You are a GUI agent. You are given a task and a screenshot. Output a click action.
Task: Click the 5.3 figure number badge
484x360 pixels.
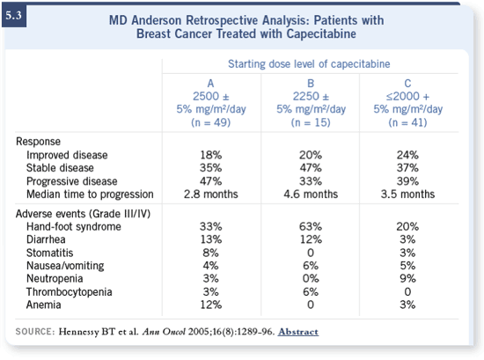tap(14, 16)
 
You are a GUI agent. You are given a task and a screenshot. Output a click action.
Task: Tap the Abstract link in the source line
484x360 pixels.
tap(297, 332)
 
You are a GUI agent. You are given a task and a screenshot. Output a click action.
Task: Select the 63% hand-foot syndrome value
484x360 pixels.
tap(311, 226)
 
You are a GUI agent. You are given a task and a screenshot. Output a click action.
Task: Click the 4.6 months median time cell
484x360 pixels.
tap(311, 195)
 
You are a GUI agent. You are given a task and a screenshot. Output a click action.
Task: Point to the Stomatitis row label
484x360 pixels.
tap(49, 253)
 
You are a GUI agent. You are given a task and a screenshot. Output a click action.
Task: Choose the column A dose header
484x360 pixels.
tap(211, 103)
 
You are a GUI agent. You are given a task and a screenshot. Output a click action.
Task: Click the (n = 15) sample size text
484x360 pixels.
tap(311, 122)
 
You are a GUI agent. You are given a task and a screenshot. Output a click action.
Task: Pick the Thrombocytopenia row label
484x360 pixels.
tap(69, 291)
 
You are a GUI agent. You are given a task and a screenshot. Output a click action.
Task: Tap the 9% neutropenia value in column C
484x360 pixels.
tap(407, 278)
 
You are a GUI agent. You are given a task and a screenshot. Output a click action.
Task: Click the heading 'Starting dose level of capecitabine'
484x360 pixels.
tap(309, 64)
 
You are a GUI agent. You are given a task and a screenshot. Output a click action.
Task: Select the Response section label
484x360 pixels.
tap(38, 142)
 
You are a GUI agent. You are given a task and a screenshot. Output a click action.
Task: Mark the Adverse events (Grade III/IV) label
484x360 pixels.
tap(83, 214)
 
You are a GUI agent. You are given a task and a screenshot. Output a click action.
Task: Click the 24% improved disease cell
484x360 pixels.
tap(407, 155)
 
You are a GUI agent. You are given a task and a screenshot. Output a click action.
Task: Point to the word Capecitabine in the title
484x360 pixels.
tap(321, 33)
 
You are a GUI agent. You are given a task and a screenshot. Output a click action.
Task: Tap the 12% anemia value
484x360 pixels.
tap(211, 305)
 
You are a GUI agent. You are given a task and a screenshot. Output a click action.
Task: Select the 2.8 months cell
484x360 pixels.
tap(211, 195)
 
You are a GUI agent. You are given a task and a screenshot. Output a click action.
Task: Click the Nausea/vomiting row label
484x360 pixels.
tap(65, 266)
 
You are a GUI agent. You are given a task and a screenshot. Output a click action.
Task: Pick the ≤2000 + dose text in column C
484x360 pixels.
tap(407, 97)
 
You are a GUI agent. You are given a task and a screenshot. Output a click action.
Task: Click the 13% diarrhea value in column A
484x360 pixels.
tap(211, 239)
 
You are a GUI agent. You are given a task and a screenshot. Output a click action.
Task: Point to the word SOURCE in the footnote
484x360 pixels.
tap(35, 332)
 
